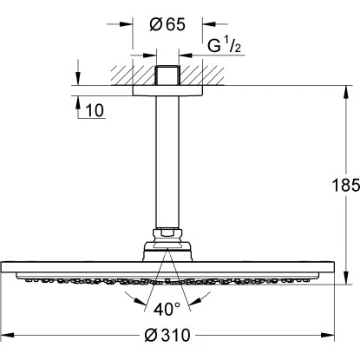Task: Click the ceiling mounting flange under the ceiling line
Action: click(168, 89)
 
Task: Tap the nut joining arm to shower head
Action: click(168, 233)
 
